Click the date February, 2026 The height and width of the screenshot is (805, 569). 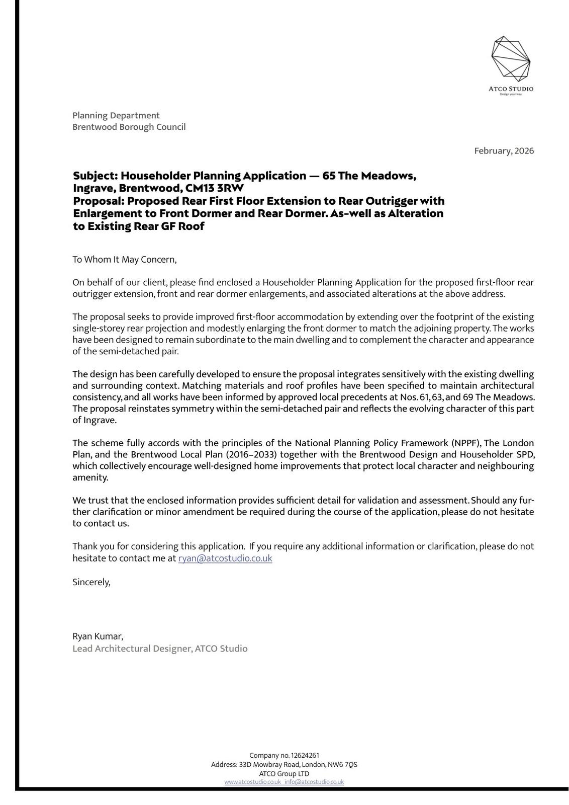coord(504,151)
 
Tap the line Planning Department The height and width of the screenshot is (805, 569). coord(116,116)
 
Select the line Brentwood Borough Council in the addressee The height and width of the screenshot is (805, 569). coord(129,127)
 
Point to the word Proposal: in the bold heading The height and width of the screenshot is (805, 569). coord(99,201)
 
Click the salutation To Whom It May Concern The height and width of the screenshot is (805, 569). coord(125,260)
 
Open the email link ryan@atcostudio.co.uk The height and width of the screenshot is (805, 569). coord(225,558)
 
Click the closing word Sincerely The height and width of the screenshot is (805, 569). coord(91,582)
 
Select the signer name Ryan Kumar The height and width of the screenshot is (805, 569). coord(98,636)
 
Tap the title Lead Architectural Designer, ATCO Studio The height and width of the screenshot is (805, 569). coord(160,649)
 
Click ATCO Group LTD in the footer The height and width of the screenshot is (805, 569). coord(284,774)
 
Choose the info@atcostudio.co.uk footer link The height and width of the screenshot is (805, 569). coord(314,782)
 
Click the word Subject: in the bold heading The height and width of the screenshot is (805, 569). coord(96,176)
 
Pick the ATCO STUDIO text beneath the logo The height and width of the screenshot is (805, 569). coord(511,89)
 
